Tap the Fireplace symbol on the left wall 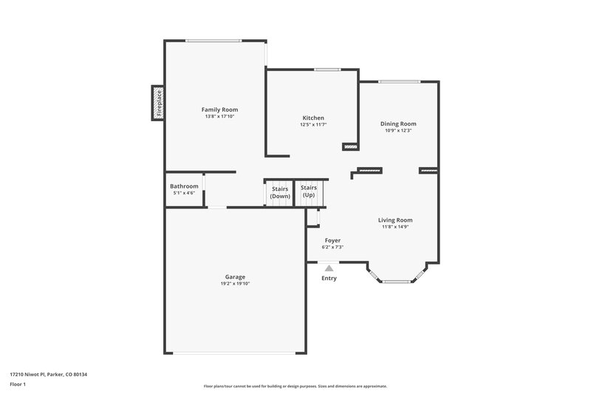157,103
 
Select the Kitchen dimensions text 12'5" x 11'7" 313,125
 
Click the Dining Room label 398,123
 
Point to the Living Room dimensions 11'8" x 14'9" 395,227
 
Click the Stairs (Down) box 280,192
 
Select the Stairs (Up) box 308,191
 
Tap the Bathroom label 184,186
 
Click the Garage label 236,276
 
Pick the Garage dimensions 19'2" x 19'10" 236,284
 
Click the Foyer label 332,240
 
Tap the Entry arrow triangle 329,268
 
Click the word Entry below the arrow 329,279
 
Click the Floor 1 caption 18,385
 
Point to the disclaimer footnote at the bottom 295,386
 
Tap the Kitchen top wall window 327,69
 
